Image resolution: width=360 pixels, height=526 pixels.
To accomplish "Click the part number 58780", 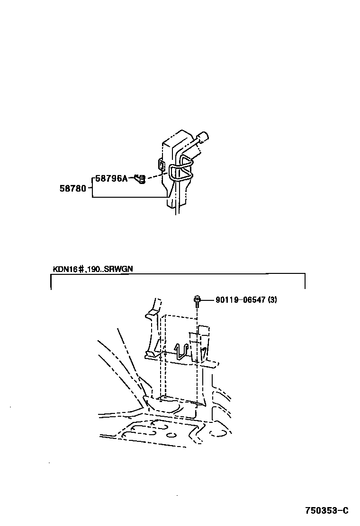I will [x=72, y=188].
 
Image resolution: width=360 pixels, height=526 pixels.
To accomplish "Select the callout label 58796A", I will [x=111, y=178].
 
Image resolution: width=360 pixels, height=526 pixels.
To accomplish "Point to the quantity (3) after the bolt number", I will [x=272, y=299].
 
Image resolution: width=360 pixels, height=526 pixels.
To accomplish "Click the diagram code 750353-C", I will [x=326, y=511].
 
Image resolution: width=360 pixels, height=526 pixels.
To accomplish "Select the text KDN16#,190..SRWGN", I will [x=93, y=269].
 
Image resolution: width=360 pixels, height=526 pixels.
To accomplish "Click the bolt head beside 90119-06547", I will [x=197, y=299].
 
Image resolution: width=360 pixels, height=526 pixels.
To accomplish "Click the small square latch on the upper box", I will [x=162, y=164].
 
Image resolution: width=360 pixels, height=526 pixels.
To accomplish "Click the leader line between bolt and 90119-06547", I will [x=207, y=299].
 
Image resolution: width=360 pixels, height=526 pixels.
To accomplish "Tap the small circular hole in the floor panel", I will [x=171, y=434].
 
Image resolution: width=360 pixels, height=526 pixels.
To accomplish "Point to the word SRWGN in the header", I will [x=121, y=269].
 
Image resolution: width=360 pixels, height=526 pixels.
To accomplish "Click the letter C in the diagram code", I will [x=345, y=511].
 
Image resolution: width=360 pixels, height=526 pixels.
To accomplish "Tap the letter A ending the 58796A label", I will [x=125, y=178].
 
